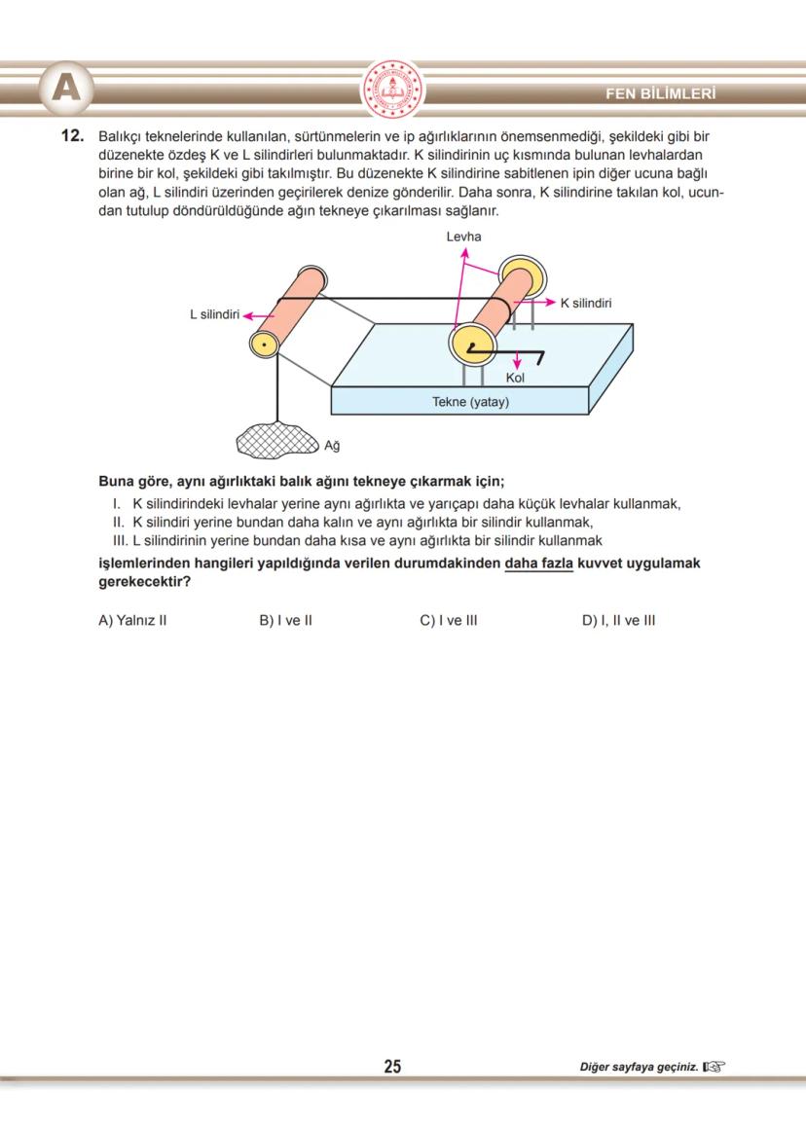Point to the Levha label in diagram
tap(463, 237)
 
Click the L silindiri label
tap(214, 314)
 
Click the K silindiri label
tap(586, 303)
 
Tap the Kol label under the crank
tap(515, 378)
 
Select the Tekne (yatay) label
tap(470, 401)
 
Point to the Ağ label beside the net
tap(331, 447)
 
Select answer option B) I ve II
tap(285, 620)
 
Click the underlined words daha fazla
tap(539, 564)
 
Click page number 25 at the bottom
tap(392, 1067)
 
